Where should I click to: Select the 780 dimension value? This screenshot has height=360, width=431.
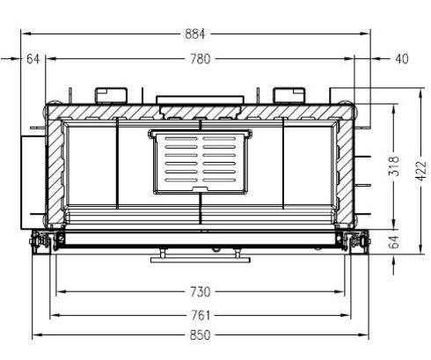pos(201,59)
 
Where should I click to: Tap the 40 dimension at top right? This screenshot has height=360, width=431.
pos(401,59)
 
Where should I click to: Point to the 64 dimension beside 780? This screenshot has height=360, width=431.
pos(33,59)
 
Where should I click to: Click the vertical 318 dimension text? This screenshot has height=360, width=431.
pos(394,167)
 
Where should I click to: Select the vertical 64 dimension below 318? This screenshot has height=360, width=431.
pos(393,241)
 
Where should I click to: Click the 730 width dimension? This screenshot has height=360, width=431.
pos(201,291)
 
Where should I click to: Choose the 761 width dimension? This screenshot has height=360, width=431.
pos(201,314)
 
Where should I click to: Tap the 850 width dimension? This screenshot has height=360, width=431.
pos(201,335)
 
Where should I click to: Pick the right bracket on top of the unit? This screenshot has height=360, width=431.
pos(288,93)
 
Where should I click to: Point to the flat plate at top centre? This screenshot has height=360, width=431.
pos(201,99)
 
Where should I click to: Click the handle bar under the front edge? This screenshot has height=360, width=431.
pos(201,259)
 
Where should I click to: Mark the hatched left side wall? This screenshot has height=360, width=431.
pos(55,172)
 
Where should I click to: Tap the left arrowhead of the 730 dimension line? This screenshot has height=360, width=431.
pos(57,291)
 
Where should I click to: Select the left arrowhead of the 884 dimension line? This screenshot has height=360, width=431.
pos(24,34)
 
